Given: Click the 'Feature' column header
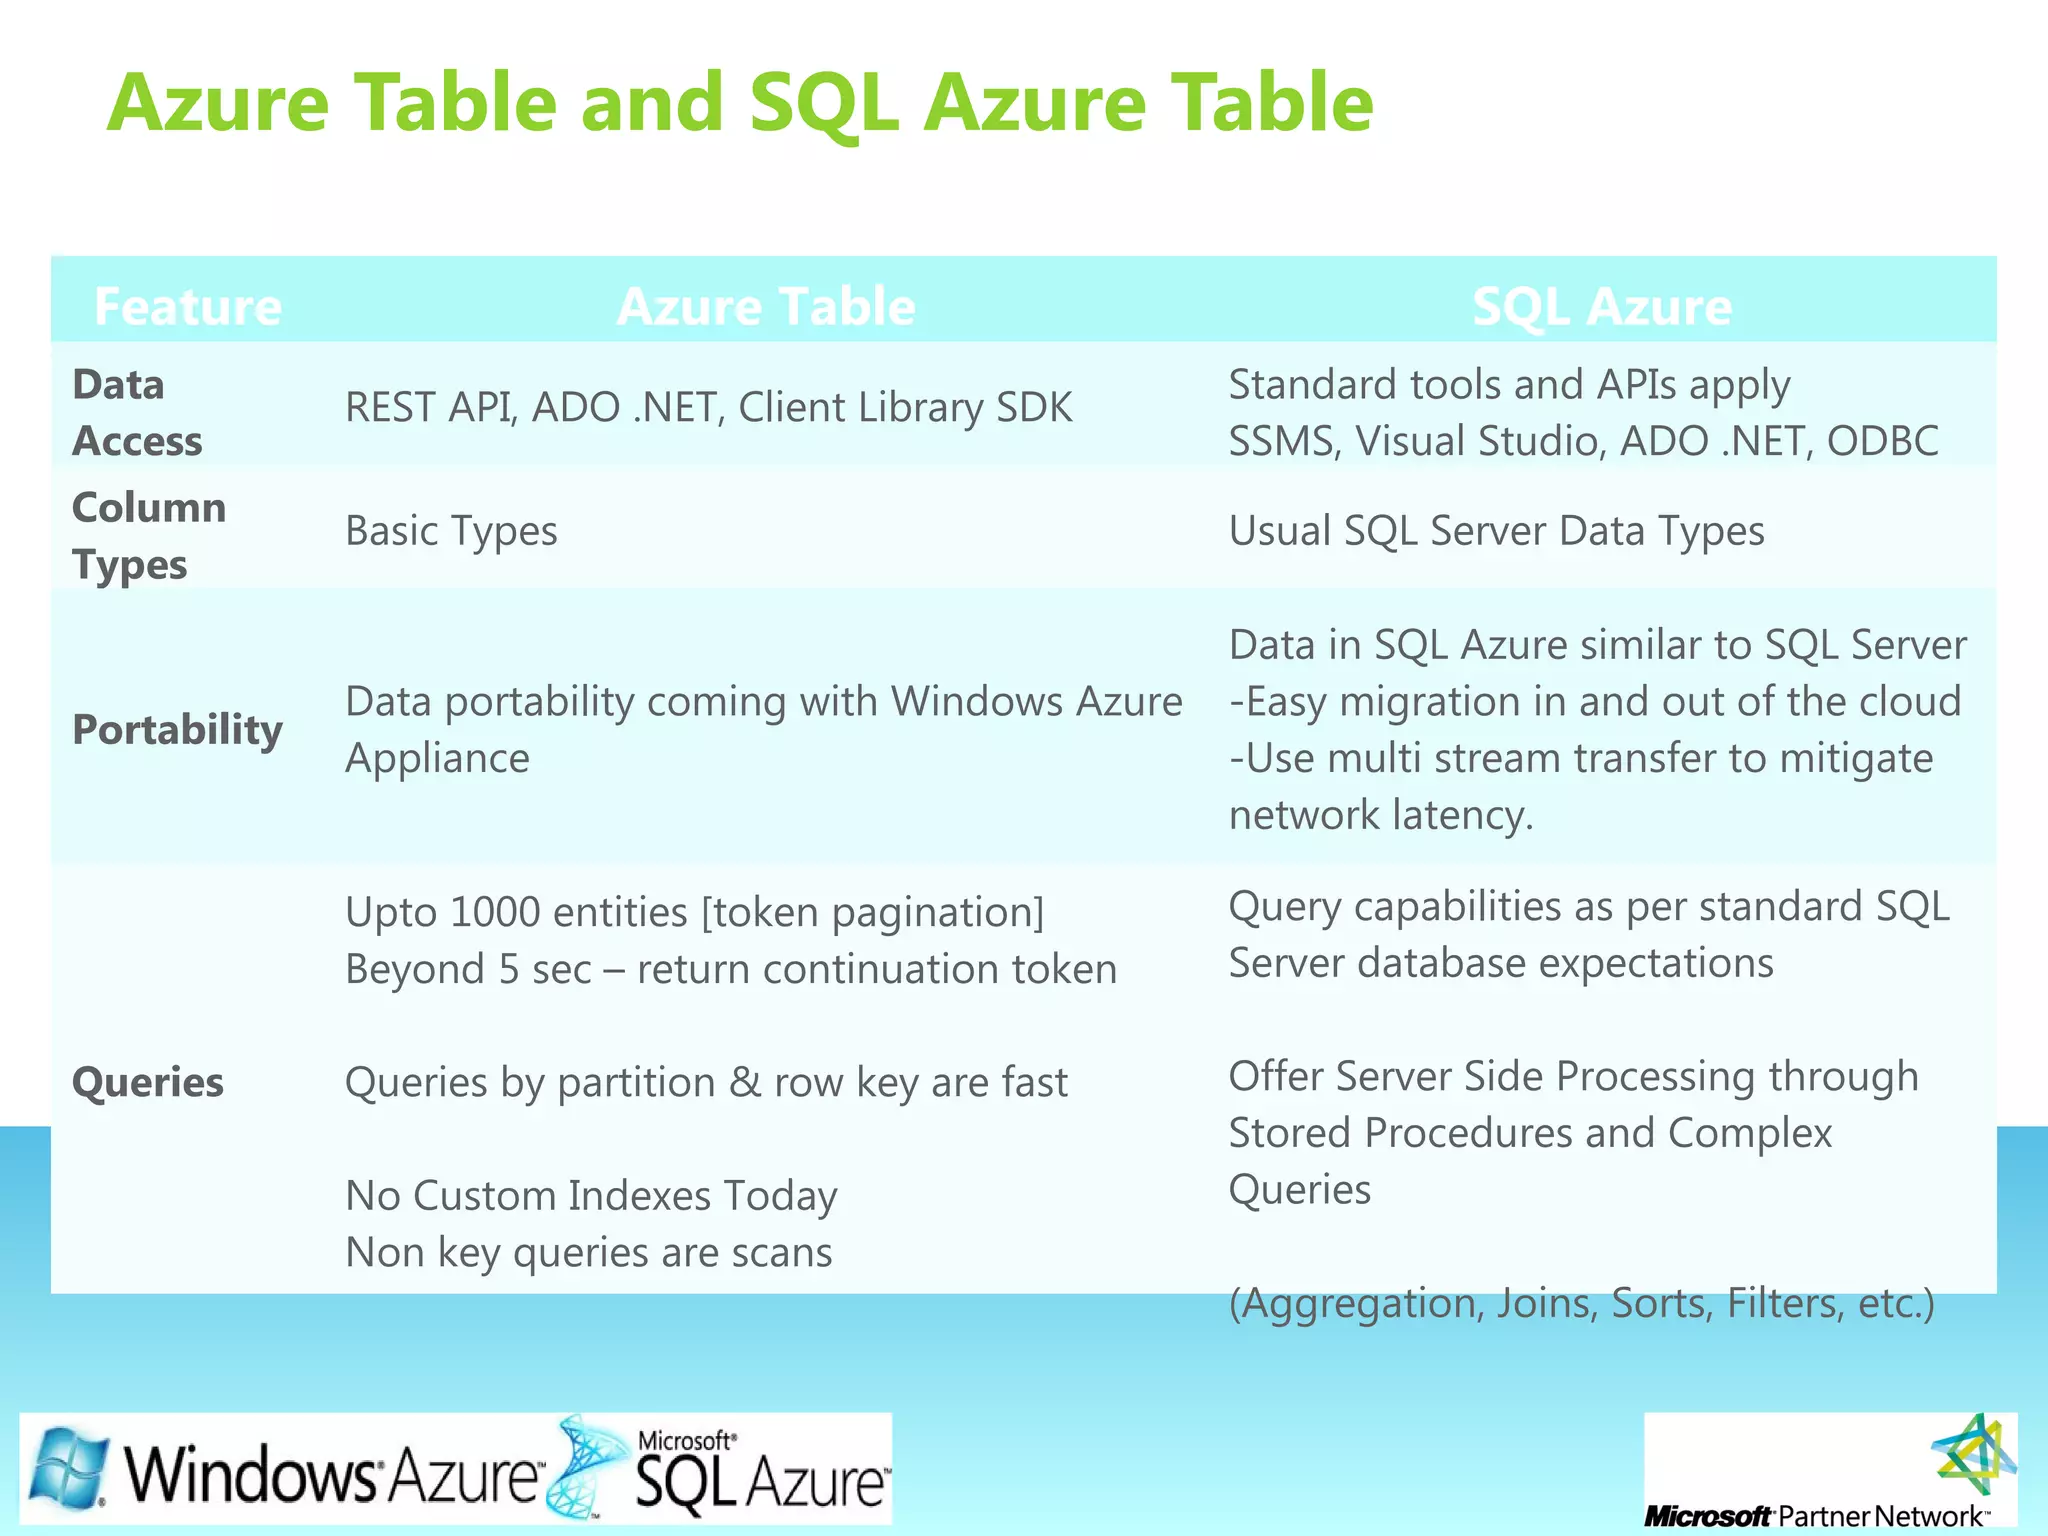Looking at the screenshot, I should [x=187, y=306].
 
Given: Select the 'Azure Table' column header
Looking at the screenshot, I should [x=766, y=306].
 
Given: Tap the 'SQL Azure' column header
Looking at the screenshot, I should [x=1602, y=306].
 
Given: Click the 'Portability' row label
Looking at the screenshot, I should [x=177, y=730].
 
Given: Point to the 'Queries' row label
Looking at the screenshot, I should [x=148, y=1082].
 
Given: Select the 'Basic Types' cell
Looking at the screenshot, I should [x=451, y=531].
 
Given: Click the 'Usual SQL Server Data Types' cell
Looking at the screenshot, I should [x=1496, y=531].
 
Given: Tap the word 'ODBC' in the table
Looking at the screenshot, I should [x=1882, y=441].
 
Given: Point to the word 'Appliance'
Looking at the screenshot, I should [x=437, y=758].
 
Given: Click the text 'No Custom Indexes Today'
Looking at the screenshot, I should [x=591, y=1195].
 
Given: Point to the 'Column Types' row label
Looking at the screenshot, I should [x=148, y=536].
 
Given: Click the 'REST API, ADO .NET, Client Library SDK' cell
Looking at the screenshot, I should [x=708, y=408].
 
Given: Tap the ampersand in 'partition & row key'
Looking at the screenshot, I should [x=744, y=1082].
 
